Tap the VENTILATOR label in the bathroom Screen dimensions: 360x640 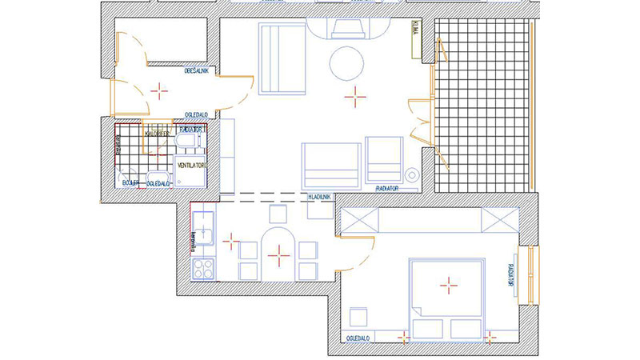[x=193, y=165]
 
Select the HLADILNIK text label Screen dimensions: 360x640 [x=319, y=196]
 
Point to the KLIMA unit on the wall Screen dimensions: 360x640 [x=416, y=38]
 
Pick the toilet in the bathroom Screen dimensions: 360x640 [x=186, y=142]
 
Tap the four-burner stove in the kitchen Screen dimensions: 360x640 [x=203, y=269]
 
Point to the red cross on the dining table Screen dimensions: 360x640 [x=278, y=255]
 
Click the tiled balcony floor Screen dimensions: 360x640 [x=483, y=104]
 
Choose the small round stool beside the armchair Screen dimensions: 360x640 [x=412, y=174]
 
